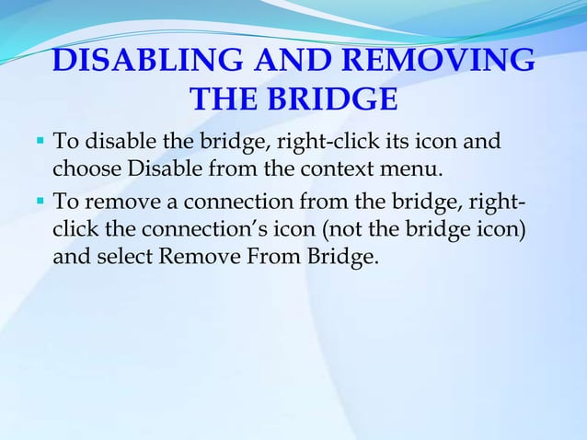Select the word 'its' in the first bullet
(x=381, y=143)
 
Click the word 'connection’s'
(x=184, y=227)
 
